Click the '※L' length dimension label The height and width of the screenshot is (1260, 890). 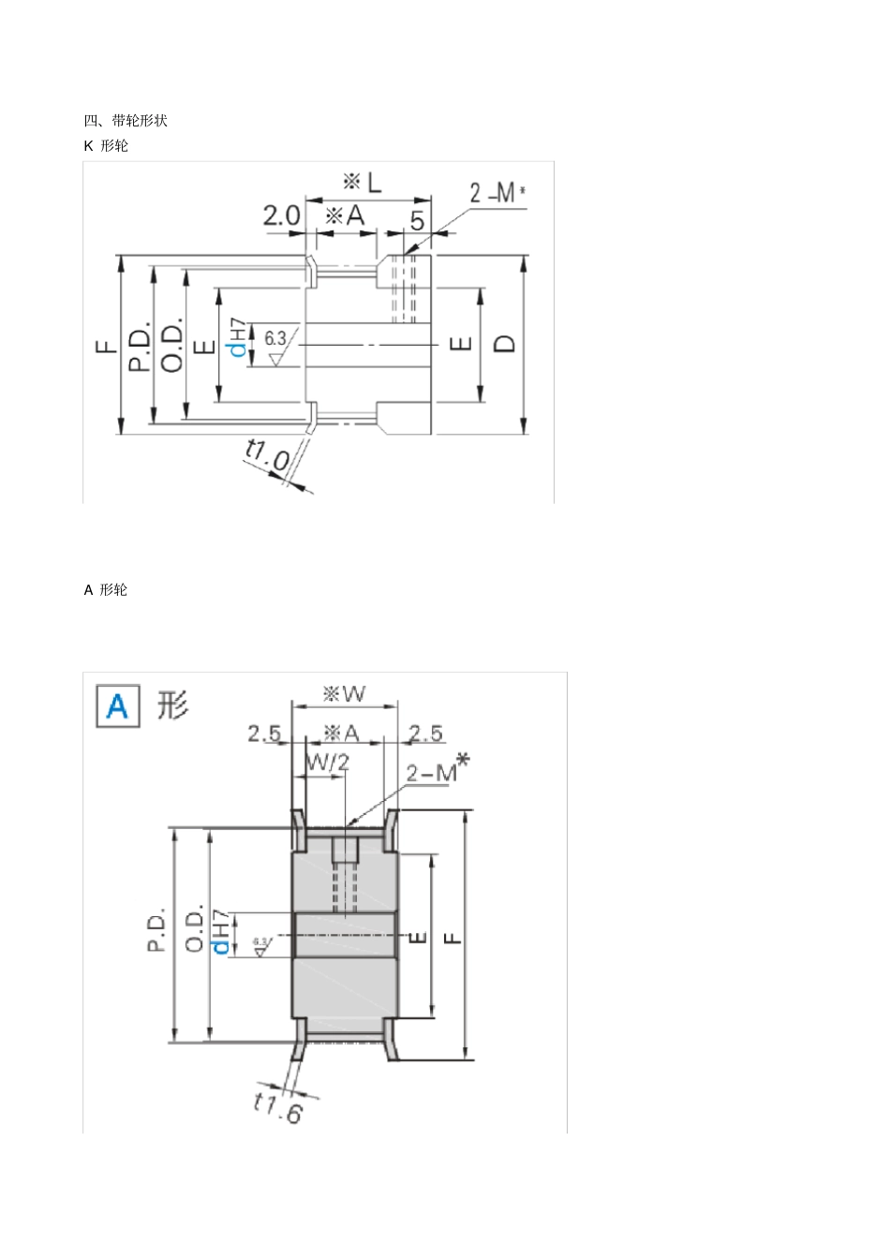click(x=363, y=182)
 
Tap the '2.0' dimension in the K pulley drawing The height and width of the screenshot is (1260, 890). click(x=280, y=215)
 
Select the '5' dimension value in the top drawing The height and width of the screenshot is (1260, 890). click(x=417, y=220)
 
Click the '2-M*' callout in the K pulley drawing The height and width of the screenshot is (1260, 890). click(x=497, y=193)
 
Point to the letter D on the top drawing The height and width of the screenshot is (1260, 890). click(x=504, y=343)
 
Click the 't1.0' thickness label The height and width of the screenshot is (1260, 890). click(x=267, y=455)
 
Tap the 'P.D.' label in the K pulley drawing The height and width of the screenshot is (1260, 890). click(x=139, y=347)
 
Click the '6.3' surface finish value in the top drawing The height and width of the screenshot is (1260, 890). click(x=275, y=338)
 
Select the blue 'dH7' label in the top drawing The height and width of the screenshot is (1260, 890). click(x=239, y=338)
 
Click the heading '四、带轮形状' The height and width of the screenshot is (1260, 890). click(x=126, y=120)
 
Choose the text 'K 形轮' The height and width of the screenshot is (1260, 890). click(x=106, y=145)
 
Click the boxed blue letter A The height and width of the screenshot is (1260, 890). click(x=118, y=705)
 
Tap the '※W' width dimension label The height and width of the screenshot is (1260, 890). click(x=344, y=694)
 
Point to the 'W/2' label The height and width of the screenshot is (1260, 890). click(x=327, y=762)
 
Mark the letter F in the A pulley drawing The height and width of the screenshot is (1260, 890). click(x=452, y=936)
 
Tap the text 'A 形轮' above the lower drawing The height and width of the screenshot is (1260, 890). click(x=106, y=589)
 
